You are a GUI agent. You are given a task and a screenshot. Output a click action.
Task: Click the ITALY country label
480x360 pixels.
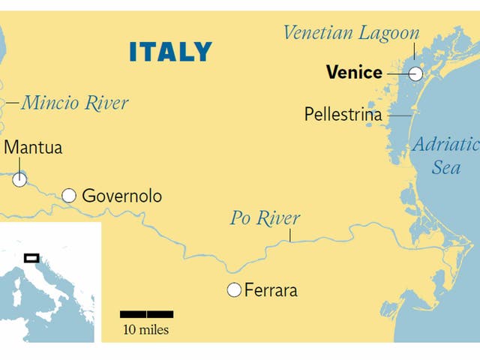170,52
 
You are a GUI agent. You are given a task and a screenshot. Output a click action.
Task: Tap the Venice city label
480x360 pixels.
354,73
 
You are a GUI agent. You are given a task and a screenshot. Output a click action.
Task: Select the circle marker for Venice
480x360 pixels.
415,73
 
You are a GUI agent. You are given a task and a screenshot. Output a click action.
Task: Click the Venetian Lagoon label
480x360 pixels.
350,33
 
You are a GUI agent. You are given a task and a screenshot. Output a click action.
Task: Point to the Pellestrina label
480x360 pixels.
343,115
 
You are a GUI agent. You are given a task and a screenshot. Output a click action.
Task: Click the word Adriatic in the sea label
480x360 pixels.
445,145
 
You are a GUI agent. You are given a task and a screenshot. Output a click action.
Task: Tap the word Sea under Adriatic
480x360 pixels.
445,167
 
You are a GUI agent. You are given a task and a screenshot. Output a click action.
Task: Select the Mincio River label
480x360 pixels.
74,102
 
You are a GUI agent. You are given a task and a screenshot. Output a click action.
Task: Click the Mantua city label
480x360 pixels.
33,147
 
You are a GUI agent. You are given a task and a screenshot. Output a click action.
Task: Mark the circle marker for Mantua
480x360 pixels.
19,179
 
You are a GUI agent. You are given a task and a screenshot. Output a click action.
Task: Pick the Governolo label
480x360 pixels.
121,196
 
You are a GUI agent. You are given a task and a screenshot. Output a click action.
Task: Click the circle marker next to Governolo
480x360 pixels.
69,196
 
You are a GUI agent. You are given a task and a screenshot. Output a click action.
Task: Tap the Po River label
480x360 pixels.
265,218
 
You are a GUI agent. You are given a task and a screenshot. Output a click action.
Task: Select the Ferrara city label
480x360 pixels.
271,289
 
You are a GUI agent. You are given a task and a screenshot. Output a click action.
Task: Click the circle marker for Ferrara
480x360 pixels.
234,289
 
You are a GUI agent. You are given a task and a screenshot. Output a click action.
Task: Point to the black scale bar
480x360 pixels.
147,313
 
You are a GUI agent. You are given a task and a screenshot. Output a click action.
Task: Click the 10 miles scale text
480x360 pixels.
146,330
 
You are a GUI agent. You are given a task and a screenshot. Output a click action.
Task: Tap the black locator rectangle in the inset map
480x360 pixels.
31,258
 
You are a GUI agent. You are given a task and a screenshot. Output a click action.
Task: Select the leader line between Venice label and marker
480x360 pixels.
397,73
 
